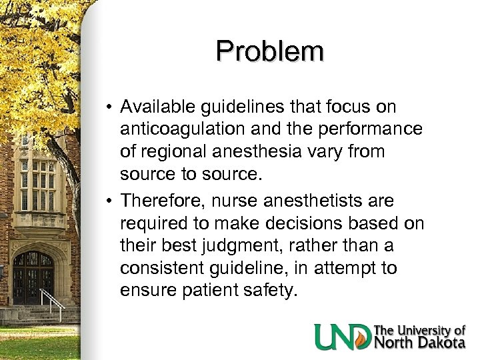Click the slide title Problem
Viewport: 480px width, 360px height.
click(270, 51)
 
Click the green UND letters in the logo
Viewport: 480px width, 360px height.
click(343, 336)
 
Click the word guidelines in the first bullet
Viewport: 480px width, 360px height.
click(237, 107)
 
